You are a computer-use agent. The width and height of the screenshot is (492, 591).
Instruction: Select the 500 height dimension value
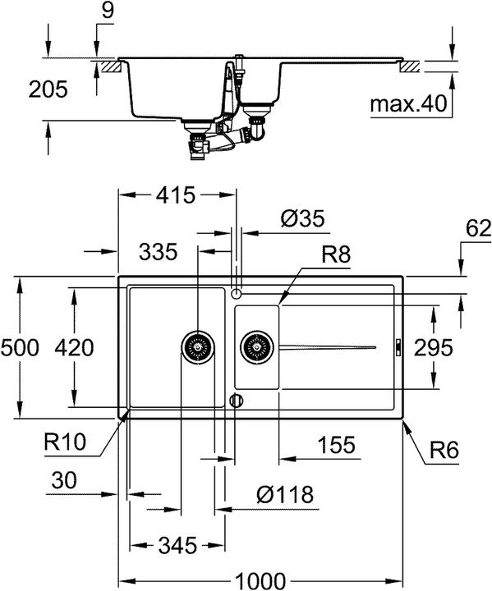[20, 347]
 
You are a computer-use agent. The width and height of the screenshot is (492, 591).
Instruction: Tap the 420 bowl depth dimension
[95, 347]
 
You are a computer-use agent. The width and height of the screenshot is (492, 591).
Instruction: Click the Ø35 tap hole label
[302, 219]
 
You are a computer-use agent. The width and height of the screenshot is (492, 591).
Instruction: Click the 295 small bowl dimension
[433, 347]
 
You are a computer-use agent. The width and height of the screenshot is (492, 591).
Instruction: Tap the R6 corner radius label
[443, 450]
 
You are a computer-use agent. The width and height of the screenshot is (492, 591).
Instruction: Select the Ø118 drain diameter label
[284, 495]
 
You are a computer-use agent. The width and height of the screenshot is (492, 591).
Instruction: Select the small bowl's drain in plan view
[255, 347]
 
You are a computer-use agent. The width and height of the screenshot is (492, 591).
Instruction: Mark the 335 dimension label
[158, 251]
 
